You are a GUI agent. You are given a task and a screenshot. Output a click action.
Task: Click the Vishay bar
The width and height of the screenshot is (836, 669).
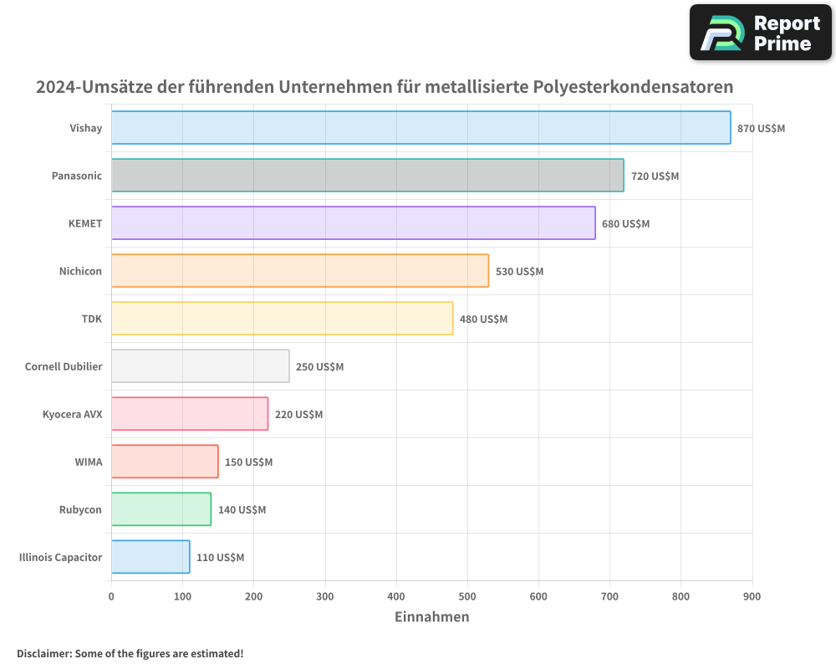[421, 128]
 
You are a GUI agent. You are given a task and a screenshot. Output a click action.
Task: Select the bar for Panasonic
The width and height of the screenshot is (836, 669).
[367, 176]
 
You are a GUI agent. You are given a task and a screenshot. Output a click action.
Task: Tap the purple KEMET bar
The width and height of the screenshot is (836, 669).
[353, 223]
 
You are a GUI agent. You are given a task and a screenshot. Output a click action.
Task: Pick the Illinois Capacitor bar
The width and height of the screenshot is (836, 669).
[150, 557]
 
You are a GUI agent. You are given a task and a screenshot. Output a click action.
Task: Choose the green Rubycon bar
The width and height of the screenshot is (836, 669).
[161, 509]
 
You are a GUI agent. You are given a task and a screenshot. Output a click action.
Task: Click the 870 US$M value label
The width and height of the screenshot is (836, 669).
[761, 129]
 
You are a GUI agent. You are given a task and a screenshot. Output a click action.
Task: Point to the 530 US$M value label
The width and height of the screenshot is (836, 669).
[519, 272]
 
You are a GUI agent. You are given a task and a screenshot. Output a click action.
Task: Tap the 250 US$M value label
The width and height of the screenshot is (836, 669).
[319, 367]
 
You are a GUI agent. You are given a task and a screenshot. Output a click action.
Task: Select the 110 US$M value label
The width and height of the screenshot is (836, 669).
[220, 558]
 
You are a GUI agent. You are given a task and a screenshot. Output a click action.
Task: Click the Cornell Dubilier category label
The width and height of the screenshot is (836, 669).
[64, 366]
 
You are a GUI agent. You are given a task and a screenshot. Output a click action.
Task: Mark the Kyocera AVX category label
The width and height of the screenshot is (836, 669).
[72, 414]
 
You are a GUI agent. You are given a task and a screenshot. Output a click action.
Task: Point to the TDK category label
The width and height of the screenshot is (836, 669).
[91, 319]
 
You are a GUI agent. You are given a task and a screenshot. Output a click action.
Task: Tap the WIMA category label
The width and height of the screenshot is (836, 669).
[88, 462]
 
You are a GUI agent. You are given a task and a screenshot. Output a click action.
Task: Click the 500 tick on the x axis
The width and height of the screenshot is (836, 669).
[467, 596]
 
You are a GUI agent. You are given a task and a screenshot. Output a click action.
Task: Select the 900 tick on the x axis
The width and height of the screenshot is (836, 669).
[752, 596]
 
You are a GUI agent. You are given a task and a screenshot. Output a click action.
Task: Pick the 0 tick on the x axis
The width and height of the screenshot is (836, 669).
[111, 596]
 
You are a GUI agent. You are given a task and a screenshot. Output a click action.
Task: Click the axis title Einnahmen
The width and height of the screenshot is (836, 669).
[431, 617]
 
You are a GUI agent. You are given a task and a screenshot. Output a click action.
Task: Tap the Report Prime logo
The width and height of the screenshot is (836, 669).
[760, 33]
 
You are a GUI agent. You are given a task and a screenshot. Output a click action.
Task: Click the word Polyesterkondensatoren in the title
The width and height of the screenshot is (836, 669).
[633, 87]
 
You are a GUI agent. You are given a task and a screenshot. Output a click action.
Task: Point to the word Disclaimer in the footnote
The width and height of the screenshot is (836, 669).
[43, 654]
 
